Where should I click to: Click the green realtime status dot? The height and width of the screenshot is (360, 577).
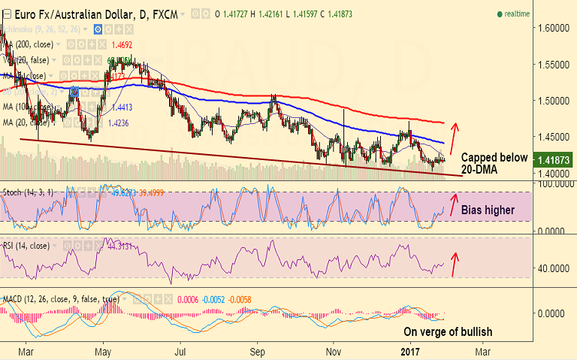tap(500, 14)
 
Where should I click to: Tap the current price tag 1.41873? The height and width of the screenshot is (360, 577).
tap(553, 159)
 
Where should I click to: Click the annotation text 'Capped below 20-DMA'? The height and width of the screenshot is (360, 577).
tap(492, 165)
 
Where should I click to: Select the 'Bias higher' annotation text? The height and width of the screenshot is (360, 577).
tap(487, 210)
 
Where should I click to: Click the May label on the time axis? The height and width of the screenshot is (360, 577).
tap(104, 352)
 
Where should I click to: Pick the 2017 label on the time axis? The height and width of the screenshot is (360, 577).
tap(409, 352)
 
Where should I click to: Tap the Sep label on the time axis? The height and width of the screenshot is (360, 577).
tap(258, 352)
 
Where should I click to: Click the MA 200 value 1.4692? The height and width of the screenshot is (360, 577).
tap(122, 45)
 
